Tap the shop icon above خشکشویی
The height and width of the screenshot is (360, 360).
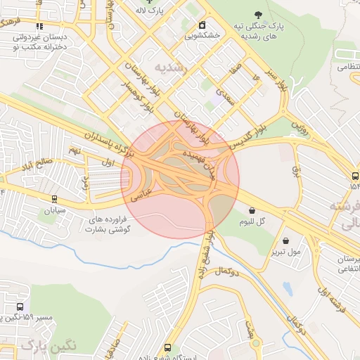tap(202, 25)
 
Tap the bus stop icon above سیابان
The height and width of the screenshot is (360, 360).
tap(55, 200)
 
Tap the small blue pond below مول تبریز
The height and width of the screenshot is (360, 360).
tap(288, 288)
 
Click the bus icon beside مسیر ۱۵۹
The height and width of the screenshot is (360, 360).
tap(20, 307)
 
